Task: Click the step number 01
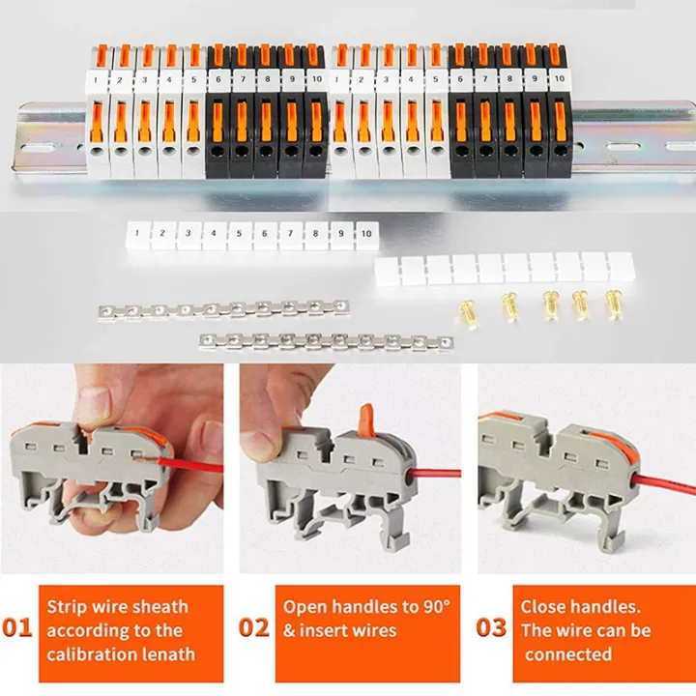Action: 17,627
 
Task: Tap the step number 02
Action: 253,627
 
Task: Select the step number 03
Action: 491,627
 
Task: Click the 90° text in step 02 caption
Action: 440,607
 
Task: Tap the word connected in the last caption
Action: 568,654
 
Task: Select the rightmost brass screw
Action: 612,304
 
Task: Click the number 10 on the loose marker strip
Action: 365,233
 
